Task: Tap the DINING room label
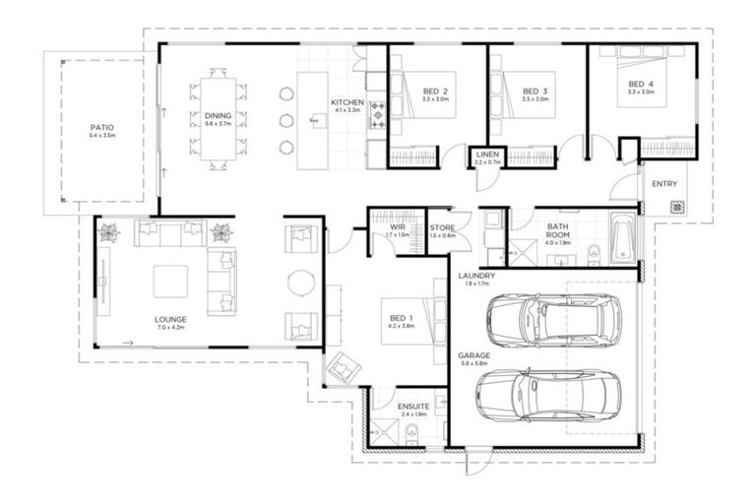[x=218, y=116]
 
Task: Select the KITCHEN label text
[x=346, y=102]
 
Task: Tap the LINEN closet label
[x=487, y=156]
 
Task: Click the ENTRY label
[x=664, y=184]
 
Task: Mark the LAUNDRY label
[x=477, y=277]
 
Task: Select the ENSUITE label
[x=411, y=407]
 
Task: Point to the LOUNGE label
[x=170, y=320]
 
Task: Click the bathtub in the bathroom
[x=622, y=238]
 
